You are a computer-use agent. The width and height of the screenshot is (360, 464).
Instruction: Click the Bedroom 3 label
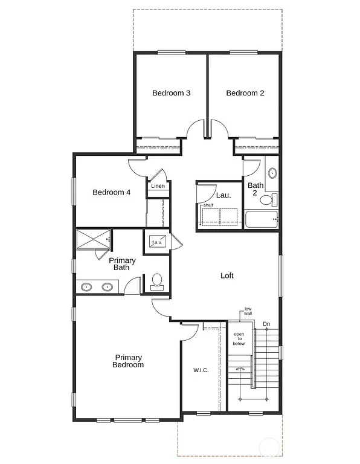coord(172,93)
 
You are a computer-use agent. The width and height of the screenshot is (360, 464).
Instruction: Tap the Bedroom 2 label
coord(245,93)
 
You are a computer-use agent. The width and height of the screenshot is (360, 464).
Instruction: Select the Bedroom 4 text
coord(112,193)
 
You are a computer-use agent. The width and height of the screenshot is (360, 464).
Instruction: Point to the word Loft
coord(227,275)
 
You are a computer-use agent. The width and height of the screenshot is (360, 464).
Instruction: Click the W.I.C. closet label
coord(201,370)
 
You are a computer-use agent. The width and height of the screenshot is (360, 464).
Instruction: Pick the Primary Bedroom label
coord(129,361)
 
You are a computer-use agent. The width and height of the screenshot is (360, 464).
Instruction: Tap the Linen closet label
coord(158,186)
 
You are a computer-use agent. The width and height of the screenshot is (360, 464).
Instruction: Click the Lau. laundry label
coord(223,195)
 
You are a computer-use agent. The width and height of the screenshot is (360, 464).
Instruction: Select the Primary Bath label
coord(122,263)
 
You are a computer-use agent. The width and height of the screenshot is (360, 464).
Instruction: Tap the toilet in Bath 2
coord(274,199)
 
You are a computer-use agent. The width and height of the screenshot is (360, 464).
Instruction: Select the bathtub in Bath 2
coord(261,219)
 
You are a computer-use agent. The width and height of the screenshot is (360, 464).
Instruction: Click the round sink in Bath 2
coord(272,173)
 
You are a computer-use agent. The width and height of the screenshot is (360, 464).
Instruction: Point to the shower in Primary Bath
coord(93,239)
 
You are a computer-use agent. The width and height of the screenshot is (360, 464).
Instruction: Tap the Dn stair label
coord(266,324)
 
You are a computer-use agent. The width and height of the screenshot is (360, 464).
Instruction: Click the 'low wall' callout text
coord(248,311)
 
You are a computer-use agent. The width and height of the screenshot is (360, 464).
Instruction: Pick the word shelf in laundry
coord(208,205)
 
